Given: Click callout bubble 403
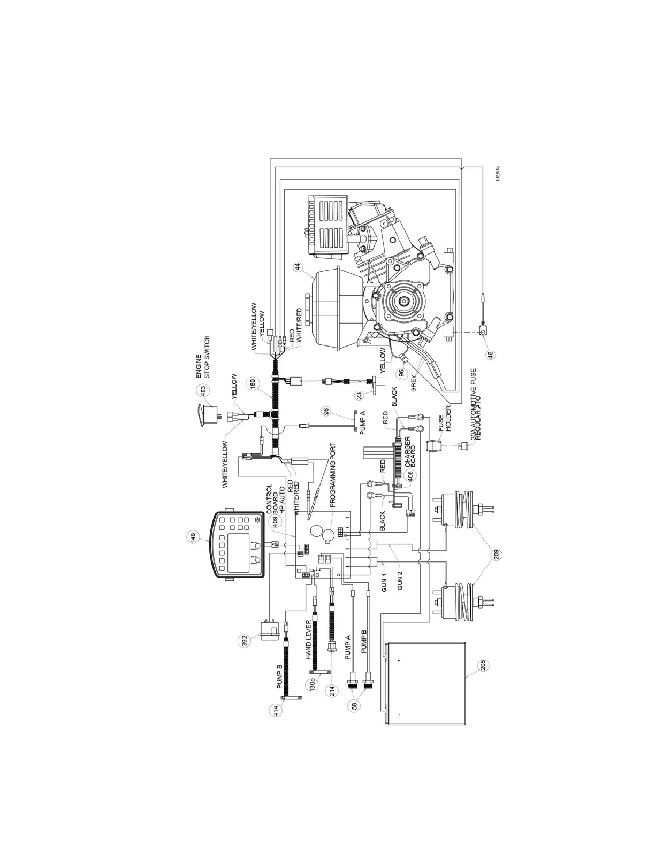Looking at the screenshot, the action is pos(202,390).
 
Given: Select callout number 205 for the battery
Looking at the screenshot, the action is pos(483,665).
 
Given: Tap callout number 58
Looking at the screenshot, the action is pos(355,705).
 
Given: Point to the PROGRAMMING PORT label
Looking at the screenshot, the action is pos(332,475).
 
